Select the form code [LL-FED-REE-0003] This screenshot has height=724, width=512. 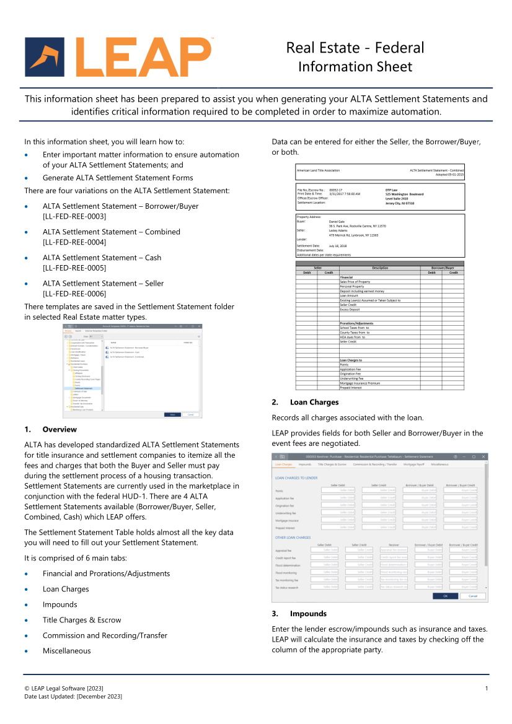click(x=74, y=216)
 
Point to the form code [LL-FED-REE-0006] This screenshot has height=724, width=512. click(x=74, y=294)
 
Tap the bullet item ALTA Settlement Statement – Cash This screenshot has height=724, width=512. click(x=102, y=258)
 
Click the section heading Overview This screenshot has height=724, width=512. click(x=60, y=429)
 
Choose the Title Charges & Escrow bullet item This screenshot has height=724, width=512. click(x=82, y=620)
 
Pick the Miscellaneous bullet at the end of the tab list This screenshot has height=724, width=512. click(x=66, y=651)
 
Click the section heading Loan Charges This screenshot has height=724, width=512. click(x=314, y=402)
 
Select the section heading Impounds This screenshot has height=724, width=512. click(x=308, y=614)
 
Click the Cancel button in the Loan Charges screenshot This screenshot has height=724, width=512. click(x=473, y=596)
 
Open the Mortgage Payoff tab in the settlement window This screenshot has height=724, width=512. click(x=413, y=464)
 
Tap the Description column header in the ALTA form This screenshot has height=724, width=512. click(x=380, y=268)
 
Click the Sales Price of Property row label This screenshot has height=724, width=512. click(x=355, y=282)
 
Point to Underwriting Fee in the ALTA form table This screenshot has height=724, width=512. click(x=351, y=378)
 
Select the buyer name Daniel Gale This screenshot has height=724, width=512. click(x=338, y=221)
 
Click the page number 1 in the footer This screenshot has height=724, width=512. click(x=487, y=689)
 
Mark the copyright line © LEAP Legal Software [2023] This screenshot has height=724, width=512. click(x=64, y=689)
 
